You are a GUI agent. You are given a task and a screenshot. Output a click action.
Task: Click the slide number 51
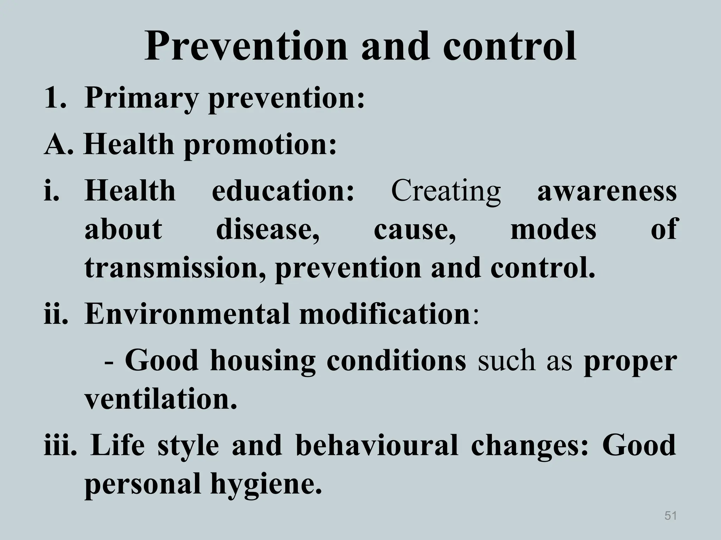(x=670, y=515)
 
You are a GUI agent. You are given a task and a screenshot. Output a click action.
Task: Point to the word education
(x=283, y=191)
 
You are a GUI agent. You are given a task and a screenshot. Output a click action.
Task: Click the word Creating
(x=446, y=191)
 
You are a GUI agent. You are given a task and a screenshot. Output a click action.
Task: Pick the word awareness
(x=607, y=191)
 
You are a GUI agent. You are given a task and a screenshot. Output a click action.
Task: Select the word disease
(x=268, y=229)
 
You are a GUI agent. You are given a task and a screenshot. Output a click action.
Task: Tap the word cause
(x=415, y=229)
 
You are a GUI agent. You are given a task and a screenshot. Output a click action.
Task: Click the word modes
(x=553, y=229)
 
